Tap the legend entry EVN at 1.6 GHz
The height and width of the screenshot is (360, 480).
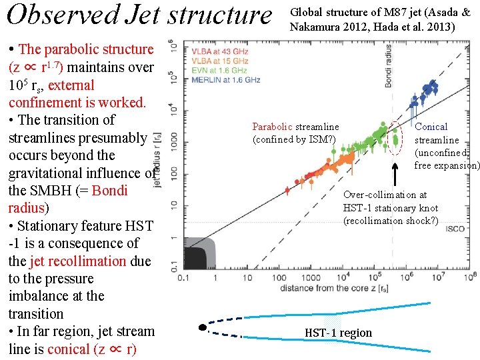coord(218,69)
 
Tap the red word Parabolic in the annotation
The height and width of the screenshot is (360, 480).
coord(272,127)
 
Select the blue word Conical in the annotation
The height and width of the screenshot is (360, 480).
coord(431,127)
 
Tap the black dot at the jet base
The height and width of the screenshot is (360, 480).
coord(202,327)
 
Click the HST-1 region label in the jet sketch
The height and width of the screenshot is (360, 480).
coord(338,333)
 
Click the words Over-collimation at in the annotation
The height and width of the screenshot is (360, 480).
coord(385,195)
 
